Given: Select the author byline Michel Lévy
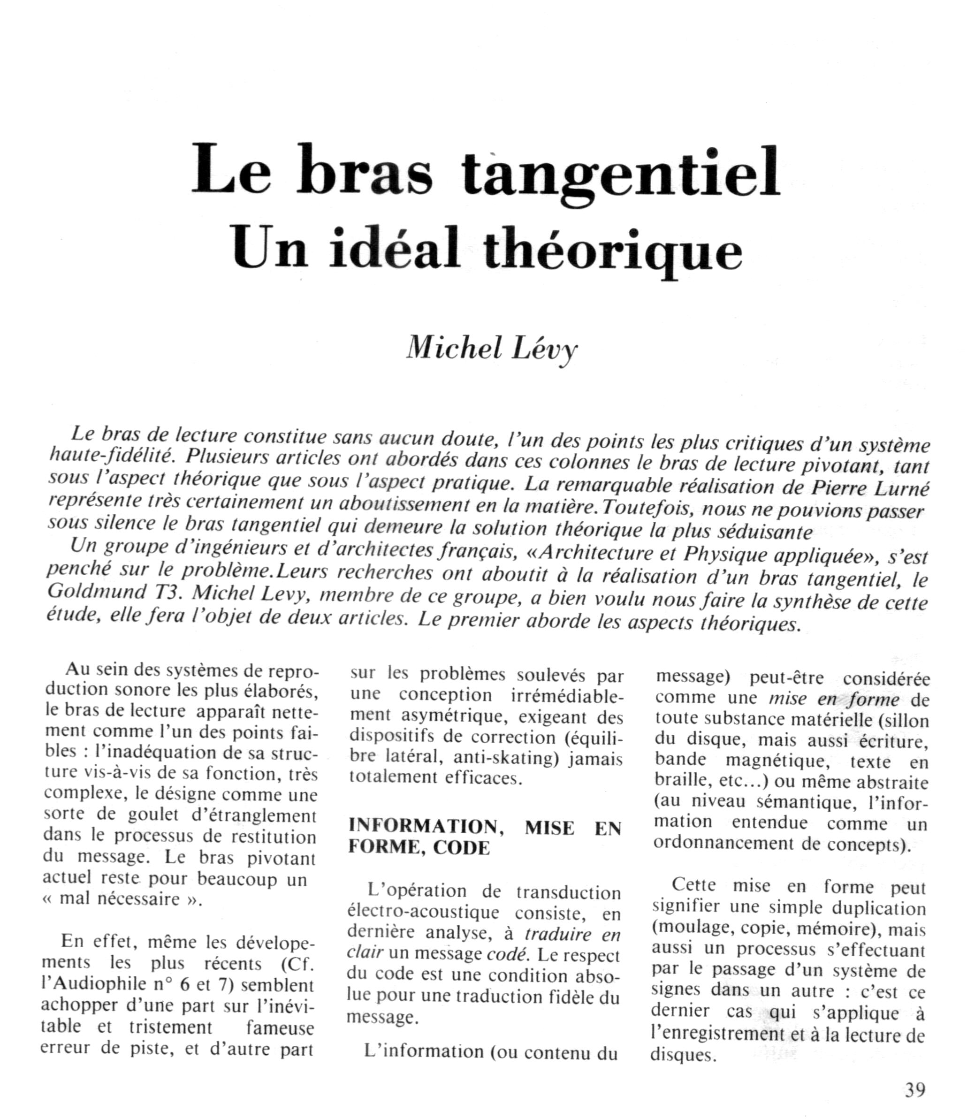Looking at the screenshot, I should tap(492, 349).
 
